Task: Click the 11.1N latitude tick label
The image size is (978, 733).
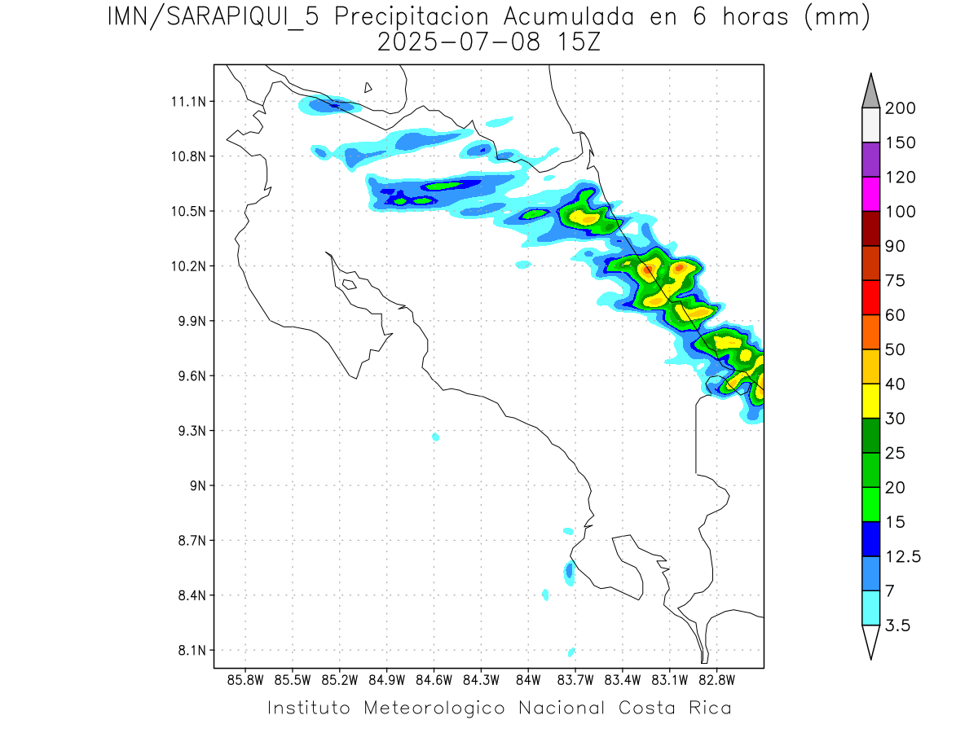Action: pos(186,102)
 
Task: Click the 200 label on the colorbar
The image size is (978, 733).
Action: pos(901,108)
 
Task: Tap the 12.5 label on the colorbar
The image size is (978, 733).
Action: pos(902,556)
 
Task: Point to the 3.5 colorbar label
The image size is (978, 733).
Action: pos(898,625)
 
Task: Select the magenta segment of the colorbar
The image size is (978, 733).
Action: pos(870,194)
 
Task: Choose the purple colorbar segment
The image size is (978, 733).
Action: pos(870,160)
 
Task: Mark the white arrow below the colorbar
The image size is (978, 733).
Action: pos(870,642)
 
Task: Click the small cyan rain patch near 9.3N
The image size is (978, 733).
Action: pos(436,437)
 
